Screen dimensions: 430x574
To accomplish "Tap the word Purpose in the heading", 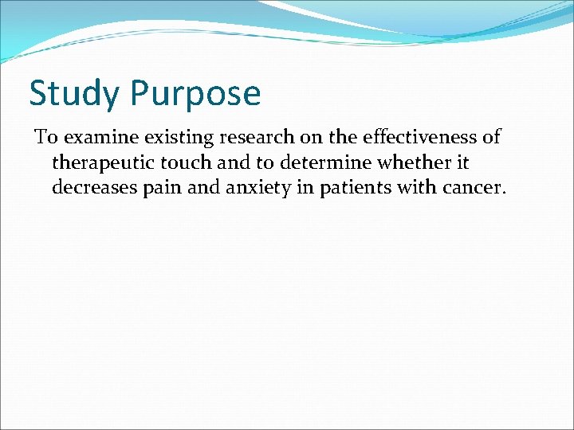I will [x=196, y=94].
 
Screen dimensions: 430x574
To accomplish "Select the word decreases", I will [x=92, y=189].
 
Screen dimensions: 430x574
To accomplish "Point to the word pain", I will [x=155, y=189].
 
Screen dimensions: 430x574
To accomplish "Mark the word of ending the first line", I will [x=491, y=138].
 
